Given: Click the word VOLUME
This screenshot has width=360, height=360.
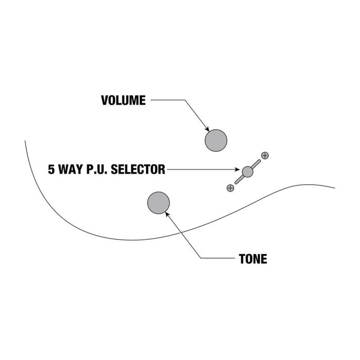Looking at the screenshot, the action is pos(123,100).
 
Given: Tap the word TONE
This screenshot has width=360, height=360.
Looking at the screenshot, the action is pos(253,259).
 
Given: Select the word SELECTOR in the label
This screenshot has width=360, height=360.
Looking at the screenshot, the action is pos(138,169).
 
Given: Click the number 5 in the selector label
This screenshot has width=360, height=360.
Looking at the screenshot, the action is pos(51,169).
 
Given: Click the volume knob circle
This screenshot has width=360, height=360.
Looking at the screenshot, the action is pos(216,140).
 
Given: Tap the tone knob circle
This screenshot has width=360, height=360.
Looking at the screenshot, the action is pos(158,203).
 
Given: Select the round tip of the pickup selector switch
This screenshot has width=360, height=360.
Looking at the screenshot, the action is pos(247,172).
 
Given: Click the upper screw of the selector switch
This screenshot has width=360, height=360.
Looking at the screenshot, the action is pos(265,156).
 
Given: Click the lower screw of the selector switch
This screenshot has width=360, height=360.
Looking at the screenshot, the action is pos(230,188).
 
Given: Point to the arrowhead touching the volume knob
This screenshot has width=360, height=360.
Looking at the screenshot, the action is pos(207,129).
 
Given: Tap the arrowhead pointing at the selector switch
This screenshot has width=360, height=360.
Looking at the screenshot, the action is pos(238,169).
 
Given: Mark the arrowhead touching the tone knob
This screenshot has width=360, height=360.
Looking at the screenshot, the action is pos(167,214).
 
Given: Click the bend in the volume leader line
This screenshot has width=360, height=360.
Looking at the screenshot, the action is pos(185,100).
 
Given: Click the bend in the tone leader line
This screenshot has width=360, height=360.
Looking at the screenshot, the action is pos(201,258).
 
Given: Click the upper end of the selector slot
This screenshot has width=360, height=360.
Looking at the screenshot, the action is pos(259,160).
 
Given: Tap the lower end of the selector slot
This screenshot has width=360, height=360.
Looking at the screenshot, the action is pos(236,183).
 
